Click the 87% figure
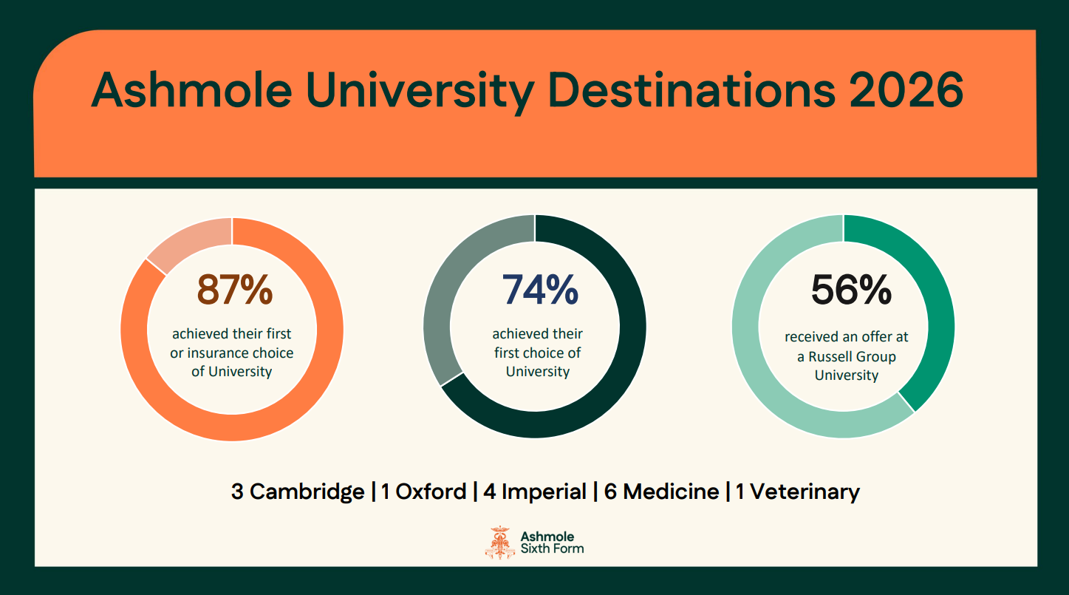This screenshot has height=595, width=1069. [234, 290]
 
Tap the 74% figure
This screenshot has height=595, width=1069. [540, 290]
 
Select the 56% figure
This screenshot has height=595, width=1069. [851, 290]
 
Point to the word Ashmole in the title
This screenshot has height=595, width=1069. [191, 89]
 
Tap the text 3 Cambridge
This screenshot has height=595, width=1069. [298, 492]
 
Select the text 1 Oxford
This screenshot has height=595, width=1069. [424, 492]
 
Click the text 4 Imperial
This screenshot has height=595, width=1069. [535, 492]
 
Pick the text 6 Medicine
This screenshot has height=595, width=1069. [661, 492]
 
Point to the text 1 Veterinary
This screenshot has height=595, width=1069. [798, 492]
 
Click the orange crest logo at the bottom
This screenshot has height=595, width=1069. [499, 543]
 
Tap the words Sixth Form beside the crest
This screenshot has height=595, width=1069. [552, 548]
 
